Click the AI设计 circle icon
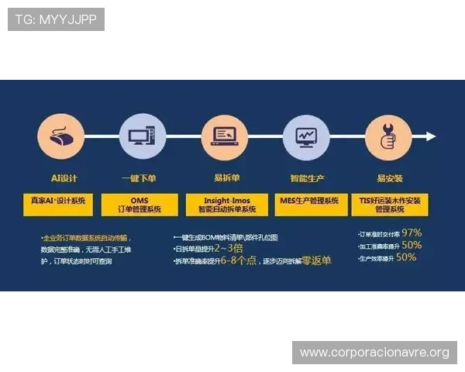[58, 136]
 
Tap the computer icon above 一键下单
[140, 136]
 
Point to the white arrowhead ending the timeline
[431, 136]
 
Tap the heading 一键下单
[139, 178]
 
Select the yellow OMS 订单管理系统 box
[140, 205]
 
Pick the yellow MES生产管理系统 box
[309, 201]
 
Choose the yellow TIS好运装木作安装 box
[391, 205]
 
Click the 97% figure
[412, 232]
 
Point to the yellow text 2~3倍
[228, 249]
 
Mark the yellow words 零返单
[316, 261]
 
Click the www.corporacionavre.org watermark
[374, 353]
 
